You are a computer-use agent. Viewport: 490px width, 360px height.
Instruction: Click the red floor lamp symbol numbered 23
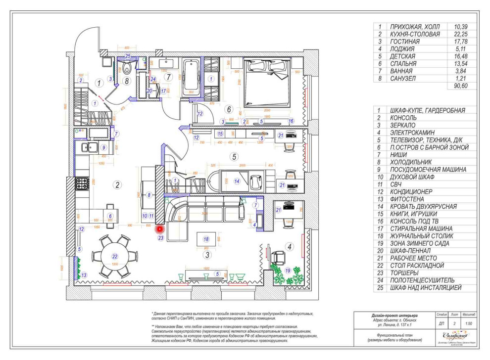click(160, 229)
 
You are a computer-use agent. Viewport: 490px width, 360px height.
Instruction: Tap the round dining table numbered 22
click(115, 256)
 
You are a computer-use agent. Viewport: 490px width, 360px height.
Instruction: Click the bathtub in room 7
click(190, 77)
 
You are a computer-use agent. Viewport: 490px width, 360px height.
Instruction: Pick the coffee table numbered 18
click(206, 240)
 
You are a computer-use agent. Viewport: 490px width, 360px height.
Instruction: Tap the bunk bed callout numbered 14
click(237, 181)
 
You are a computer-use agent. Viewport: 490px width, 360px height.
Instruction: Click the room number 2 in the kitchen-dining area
click(117, 185)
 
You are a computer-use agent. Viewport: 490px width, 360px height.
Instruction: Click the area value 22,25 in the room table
click(458, 34)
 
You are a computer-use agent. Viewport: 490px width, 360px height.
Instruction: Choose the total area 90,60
click(458, 86)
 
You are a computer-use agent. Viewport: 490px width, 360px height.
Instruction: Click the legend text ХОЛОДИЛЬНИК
click(410, 162)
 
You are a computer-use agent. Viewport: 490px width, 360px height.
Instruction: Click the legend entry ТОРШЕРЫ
click(405, 272)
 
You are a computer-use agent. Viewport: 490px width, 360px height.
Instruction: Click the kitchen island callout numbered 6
click(110, 216)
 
